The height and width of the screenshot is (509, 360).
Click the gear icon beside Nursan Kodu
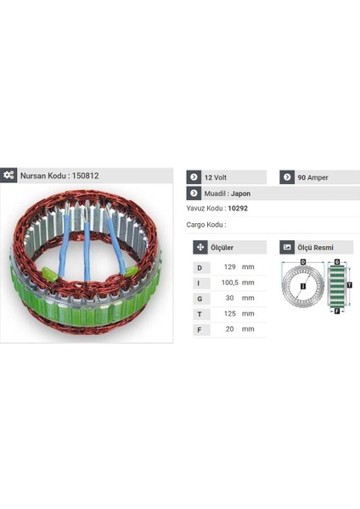pos(9,175)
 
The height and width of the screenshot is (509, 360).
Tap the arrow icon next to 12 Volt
pos(194,177)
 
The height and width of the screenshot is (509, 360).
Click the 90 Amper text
pos(312,177)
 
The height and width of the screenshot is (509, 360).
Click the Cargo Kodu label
pos(205,225)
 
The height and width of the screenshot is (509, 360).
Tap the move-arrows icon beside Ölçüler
pos(201,248)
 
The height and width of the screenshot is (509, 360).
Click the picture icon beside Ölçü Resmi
pos(288,248)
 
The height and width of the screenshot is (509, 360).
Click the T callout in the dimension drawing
pos(349,285)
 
